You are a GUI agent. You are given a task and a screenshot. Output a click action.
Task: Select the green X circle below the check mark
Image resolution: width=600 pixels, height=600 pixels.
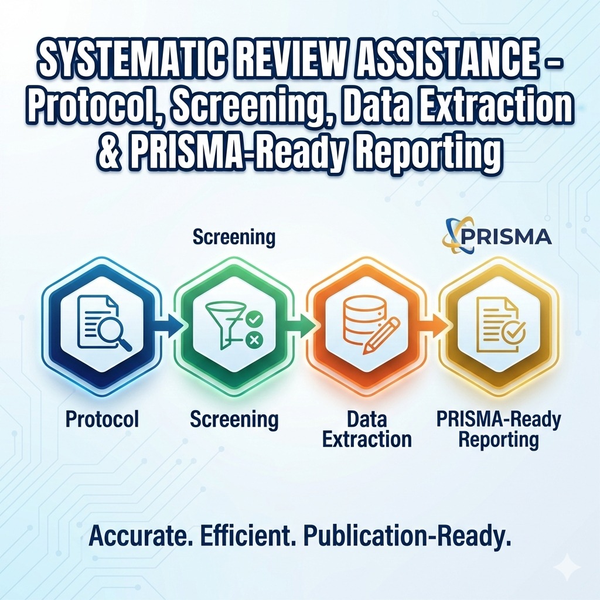pos(253,339)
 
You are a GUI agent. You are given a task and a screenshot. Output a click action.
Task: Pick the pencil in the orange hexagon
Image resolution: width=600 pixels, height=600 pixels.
pos(381,335)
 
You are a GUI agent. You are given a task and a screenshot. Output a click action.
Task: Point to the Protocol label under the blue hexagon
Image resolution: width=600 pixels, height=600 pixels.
pos(102,418)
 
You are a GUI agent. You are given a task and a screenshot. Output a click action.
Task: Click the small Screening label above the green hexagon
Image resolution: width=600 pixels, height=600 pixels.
pos(234,237)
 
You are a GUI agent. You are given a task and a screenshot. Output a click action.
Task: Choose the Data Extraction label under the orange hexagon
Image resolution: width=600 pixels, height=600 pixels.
pos(367,429)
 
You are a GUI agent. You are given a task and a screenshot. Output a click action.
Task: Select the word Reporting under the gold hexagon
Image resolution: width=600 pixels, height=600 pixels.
pos(499,440)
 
